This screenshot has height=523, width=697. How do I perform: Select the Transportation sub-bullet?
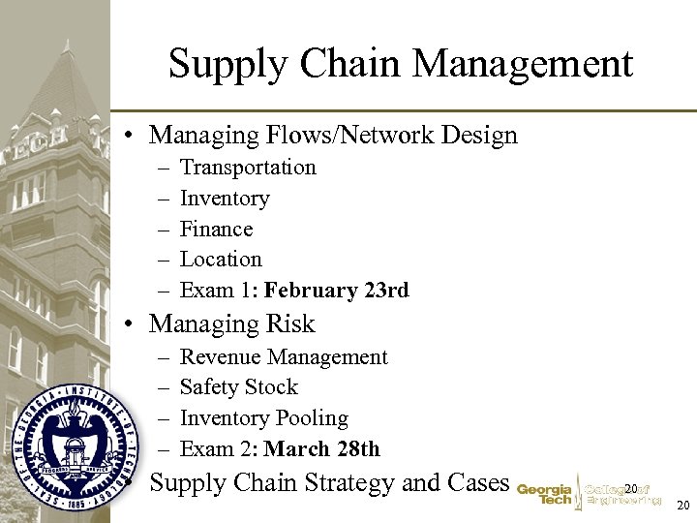tap(248, 168)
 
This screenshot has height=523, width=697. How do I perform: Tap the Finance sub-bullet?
tap(216, 230)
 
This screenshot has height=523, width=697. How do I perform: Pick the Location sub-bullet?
tap(221, 260)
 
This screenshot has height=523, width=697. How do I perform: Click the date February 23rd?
tap(336, 291)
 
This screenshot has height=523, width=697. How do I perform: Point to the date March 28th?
tap(321, 449)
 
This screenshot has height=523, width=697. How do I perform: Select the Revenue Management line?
tap(284, 357)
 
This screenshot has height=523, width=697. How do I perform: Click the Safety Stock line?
tap(239, 387)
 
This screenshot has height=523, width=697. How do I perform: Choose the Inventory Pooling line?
tap(264, 418)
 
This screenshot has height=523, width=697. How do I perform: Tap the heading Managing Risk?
tap(232, 323)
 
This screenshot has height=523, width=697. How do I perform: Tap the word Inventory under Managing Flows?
tap(225, 199)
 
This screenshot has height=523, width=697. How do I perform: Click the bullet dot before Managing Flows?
tap(129, 136)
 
